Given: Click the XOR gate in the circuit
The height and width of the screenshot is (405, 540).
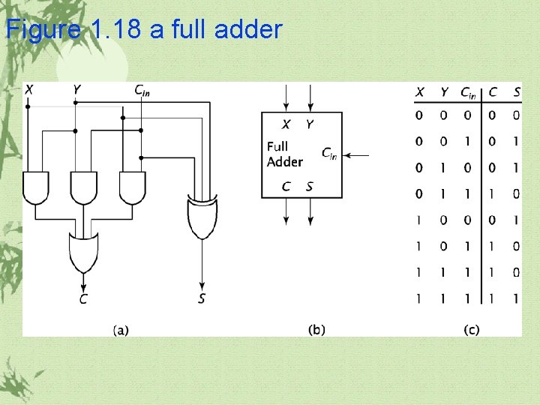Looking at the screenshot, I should coord(202,215).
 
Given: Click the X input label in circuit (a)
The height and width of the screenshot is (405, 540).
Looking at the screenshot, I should coord(28,90).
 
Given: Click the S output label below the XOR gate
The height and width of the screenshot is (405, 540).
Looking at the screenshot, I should coord(202,299).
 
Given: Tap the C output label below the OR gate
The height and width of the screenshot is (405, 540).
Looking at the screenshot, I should coord(83,299).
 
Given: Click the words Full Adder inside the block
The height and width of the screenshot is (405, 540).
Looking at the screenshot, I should coord(285,154).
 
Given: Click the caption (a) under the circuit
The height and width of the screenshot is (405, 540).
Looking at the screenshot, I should coord(121,329).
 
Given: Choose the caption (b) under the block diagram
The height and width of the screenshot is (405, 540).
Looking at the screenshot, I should coord(316,329).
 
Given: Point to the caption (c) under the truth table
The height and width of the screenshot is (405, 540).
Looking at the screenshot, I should coord(471,329).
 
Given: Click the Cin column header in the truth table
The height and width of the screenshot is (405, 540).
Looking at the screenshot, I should coord(467,93).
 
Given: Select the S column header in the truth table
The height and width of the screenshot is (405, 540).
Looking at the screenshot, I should coord(516,92).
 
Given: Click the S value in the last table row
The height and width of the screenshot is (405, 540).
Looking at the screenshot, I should coord(516,298).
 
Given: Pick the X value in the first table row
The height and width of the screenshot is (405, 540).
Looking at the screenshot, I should coord(419,115).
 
